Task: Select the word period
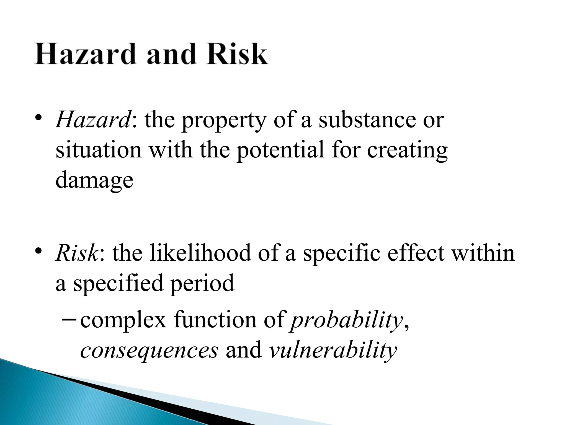click(202, 284)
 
